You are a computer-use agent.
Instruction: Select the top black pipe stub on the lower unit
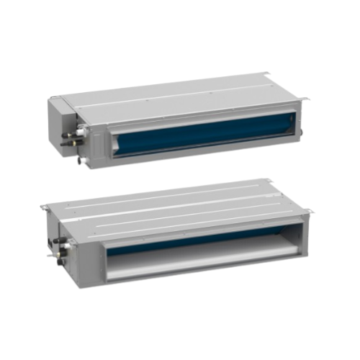click(58, 240)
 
